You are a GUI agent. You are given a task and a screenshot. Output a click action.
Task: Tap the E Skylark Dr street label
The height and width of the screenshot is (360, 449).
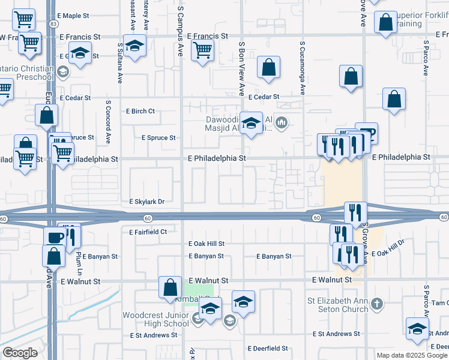(x=147, y=202)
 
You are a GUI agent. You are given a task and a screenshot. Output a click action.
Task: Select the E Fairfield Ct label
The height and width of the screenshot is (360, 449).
(x=148, y=231)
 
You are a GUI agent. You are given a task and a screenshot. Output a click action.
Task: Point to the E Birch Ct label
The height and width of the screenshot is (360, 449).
(x=140, y=111)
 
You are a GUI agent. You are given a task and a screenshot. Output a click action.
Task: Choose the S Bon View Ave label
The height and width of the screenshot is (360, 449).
(x=241, y=69)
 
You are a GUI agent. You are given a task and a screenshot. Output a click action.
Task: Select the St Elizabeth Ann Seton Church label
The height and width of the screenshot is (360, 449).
(x=337, y=305)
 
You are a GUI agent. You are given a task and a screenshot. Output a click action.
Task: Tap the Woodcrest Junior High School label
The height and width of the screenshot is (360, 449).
(x=155, y=319)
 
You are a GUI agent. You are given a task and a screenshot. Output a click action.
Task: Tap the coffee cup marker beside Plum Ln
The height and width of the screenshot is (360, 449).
(x=55, y=236)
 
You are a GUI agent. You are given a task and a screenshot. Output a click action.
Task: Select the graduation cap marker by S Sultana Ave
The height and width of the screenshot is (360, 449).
(x=135, y=47)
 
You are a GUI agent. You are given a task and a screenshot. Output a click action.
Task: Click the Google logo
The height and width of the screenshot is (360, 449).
(x=20, y=353)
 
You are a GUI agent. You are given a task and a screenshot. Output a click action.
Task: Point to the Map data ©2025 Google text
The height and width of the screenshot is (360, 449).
(x=412, y=355)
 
